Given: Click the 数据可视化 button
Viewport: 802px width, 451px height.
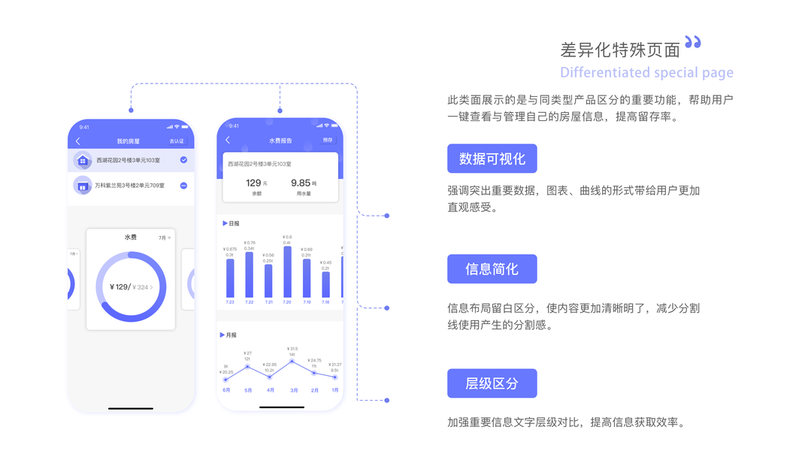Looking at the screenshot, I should click(492, 159).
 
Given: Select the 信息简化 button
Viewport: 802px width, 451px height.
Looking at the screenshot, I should click(492, 269).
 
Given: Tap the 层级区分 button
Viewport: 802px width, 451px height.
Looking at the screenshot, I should click(492, 383).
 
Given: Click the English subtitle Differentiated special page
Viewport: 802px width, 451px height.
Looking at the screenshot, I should click(646, 73).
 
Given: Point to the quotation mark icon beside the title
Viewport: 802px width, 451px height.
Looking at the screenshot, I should click(693, 43).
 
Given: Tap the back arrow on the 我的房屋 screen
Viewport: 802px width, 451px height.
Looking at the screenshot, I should click(78, 141).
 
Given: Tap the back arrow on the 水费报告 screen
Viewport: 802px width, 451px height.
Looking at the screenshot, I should click(228, 141).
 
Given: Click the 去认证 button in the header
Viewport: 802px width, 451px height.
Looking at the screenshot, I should click(177, 141).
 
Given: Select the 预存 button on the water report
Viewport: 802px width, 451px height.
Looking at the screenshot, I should click(328, 140).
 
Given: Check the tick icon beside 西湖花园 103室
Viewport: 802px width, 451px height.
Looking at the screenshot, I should click(183, 160).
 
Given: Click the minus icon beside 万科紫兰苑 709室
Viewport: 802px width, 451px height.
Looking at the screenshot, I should click(183, 186).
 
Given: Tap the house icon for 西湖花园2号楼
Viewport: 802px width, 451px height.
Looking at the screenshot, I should click(83, 161).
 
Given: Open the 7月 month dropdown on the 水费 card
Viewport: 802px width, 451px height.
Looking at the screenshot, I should click(164, 238).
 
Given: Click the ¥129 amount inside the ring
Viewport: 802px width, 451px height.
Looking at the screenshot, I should click(120, 287).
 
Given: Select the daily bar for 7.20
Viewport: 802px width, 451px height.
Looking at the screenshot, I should click(287, 272).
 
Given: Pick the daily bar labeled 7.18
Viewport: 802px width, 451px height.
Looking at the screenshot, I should click(325, 284).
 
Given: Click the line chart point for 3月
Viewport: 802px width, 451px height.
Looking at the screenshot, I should click(292, 362).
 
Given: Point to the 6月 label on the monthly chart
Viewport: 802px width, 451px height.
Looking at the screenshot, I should click(226, 390).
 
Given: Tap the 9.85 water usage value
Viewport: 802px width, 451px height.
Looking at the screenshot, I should click(301, 183).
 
